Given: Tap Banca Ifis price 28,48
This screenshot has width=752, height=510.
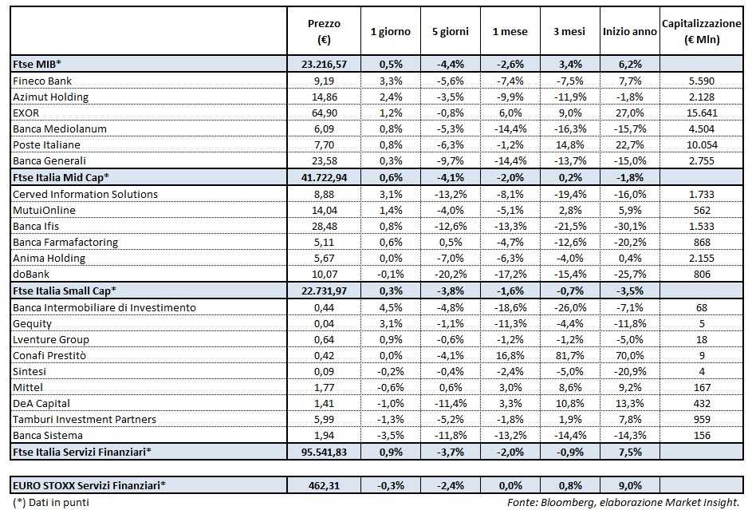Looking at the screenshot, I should click(x=323, y=226).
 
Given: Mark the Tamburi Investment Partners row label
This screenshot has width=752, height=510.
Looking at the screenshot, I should click(x=84, y=420).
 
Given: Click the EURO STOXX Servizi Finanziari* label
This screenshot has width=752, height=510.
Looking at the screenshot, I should click(x=89, y=484).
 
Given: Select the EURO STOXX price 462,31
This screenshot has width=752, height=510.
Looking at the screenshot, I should click(x=323, y=484).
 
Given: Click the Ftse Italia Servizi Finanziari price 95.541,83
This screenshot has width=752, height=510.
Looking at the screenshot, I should click(x=323, y=452).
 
